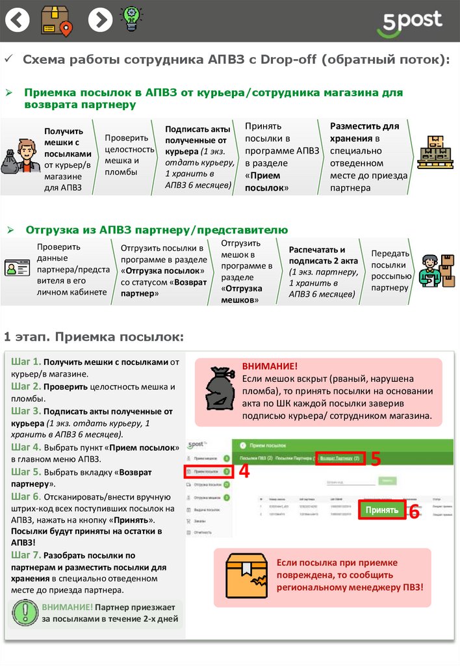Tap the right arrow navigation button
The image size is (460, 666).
[99, 21]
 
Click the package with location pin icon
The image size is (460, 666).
[57, 21]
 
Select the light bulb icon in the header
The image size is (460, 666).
[132, 21]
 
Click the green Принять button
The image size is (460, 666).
[381, 510]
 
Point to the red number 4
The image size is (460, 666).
[244, 471]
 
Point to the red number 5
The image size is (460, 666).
[376, 459]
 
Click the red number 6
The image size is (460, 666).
[414, 512]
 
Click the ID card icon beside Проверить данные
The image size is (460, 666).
[18, 268]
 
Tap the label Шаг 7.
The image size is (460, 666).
[26, 555]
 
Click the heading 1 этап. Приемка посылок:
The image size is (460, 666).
[94, 337]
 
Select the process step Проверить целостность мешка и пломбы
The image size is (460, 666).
[129, 155]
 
